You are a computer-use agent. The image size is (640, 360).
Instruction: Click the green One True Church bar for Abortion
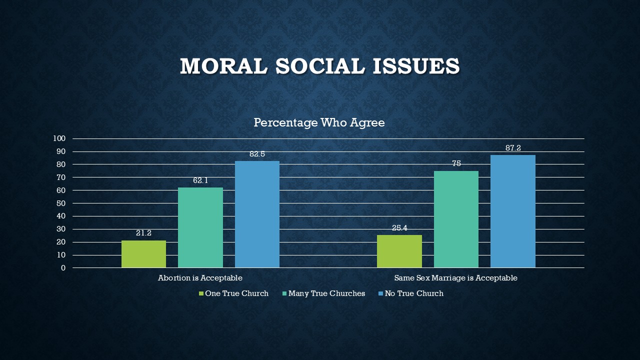(x=143, y=254)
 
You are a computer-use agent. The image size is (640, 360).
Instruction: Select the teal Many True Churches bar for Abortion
(x=200, y=227)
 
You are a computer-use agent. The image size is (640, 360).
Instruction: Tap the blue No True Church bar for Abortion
(x=257, y=214)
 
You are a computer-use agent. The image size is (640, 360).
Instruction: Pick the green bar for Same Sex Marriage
(x=399, y=251)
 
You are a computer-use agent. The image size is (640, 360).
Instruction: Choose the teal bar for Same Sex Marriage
(x=456, y=219)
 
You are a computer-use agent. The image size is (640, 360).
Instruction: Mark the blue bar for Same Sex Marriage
(x=513, y=211)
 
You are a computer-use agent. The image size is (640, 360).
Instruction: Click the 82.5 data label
(x=257, y=154)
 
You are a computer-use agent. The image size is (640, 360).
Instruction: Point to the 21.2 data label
(x=143, y=233)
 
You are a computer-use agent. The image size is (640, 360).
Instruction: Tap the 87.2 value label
(x=513, y=148)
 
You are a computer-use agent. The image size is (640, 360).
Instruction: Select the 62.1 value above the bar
(x=200, y=180)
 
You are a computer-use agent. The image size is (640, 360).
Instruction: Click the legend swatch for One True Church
(x=201, y=293)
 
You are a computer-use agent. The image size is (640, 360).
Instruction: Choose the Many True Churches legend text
(x=326, y=293)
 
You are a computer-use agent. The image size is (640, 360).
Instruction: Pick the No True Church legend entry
(x=414, y=293)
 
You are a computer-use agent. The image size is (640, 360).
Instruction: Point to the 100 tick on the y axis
(x=59, y=138)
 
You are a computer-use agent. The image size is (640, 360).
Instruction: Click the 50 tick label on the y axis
(x=61, y=203)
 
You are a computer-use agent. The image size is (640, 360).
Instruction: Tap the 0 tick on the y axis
(x=63, y=268)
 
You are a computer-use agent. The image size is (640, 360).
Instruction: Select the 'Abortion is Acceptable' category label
(x=200, y=278)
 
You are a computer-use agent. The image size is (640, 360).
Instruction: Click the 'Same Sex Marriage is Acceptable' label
(x=455, y=278)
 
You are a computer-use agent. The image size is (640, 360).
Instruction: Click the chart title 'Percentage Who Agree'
(x=319, y=122)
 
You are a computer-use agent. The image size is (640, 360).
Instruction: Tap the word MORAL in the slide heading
(x=223, y=66)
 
